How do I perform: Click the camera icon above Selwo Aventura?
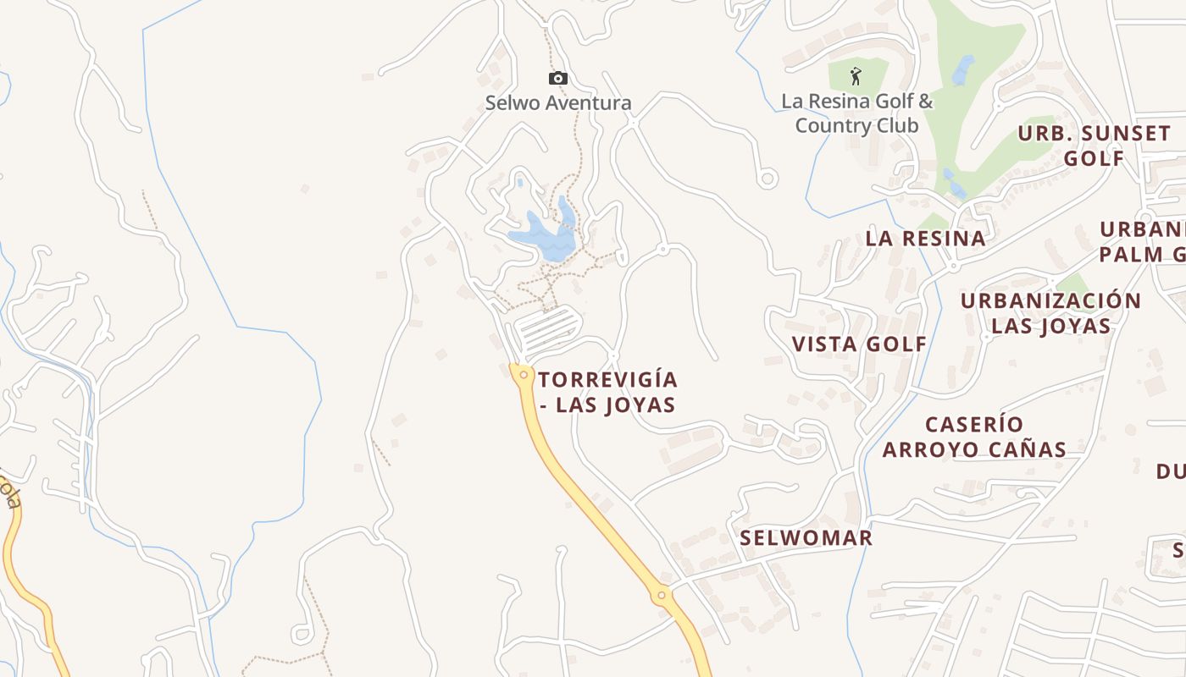pyautogui.click(x=557, y=79)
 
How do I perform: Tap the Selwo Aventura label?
pyautogui.click(x=558, y=103)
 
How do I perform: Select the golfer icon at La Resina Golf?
pyautogui.click(x=856, y=76)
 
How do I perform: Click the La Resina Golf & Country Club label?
pyautogui.click(x=856, y=113)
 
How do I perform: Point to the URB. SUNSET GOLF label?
pyautogui.click(x=1094, y=146)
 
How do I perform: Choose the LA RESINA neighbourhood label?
pyautogui.click(x=925, y=239)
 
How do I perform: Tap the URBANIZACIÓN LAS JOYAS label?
pyautogui.click(x=1050, y=313)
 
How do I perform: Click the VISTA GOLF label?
pyautogui.click(x=859, y=344)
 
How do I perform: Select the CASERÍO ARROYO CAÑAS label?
pyautogui.click(x=974, y=437)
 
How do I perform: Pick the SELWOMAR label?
pyautogui.click(x=806, y=538)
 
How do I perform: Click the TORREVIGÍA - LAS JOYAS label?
pyautogui.click(x=608, y=392)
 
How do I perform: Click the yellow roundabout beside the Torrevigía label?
pyautogui.click(x=524, y=374)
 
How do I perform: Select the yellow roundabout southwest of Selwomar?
pyautogui.click(x=662, y=596)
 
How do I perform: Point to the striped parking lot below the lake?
pyautogui.click(x=546, y=329)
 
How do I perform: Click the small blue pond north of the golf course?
pyautogui.click(x=963, y=70)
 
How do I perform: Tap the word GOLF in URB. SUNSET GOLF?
pyautogui.click(x=1094, y=159)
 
